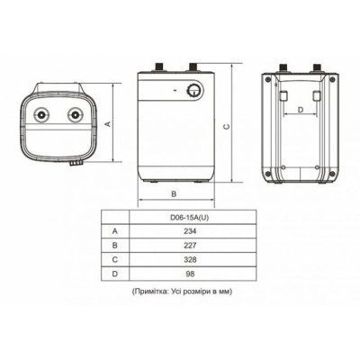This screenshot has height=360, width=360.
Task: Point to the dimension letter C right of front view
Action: point(226,127)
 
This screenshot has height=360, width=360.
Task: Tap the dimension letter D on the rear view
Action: point(300,111)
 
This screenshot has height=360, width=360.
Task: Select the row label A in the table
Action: point(114,230)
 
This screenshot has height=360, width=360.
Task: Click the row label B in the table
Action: point(114,244)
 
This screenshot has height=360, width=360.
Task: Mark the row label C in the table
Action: point(114,258)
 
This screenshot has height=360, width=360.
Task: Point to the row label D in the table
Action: point(114,272)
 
